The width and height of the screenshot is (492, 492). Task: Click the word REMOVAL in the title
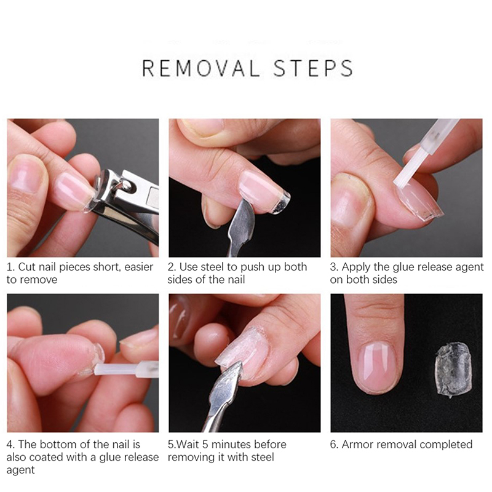tap(201, 68)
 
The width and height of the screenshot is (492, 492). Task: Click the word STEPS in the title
tap(314, 68)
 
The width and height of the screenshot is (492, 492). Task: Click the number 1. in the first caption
tap(10, 267)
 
